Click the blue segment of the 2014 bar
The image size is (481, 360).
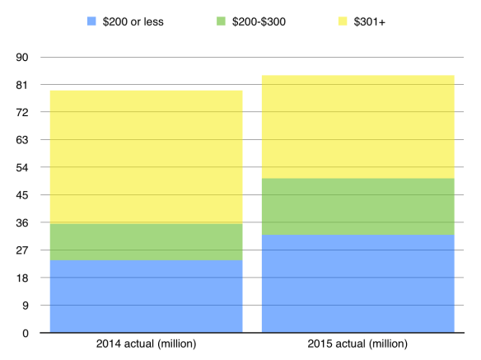(146, 297)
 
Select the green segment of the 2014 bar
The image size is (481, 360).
(146, 241)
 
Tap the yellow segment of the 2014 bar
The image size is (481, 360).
(146, 157)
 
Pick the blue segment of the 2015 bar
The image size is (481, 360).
(357, 283)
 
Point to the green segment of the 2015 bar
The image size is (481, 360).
(357, 207)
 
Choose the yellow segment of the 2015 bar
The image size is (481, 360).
(357, 127)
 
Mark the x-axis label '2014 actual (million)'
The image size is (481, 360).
(146, 344)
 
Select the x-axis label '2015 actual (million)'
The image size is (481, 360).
(357, 344)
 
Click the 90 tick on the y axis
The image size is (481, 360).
(21, 58)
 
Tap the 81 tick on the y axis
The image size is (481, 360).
(21, 85)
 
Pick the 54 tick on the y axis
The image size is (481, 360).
(21, 168)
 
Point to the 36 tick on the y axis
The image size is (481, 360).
(21, 223)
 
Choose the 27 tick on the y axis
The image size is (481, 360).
(21, 250)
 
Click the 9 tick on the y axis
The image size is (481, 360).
(25, 306)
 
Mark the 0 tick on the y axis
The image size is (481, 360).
(25, 334)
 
